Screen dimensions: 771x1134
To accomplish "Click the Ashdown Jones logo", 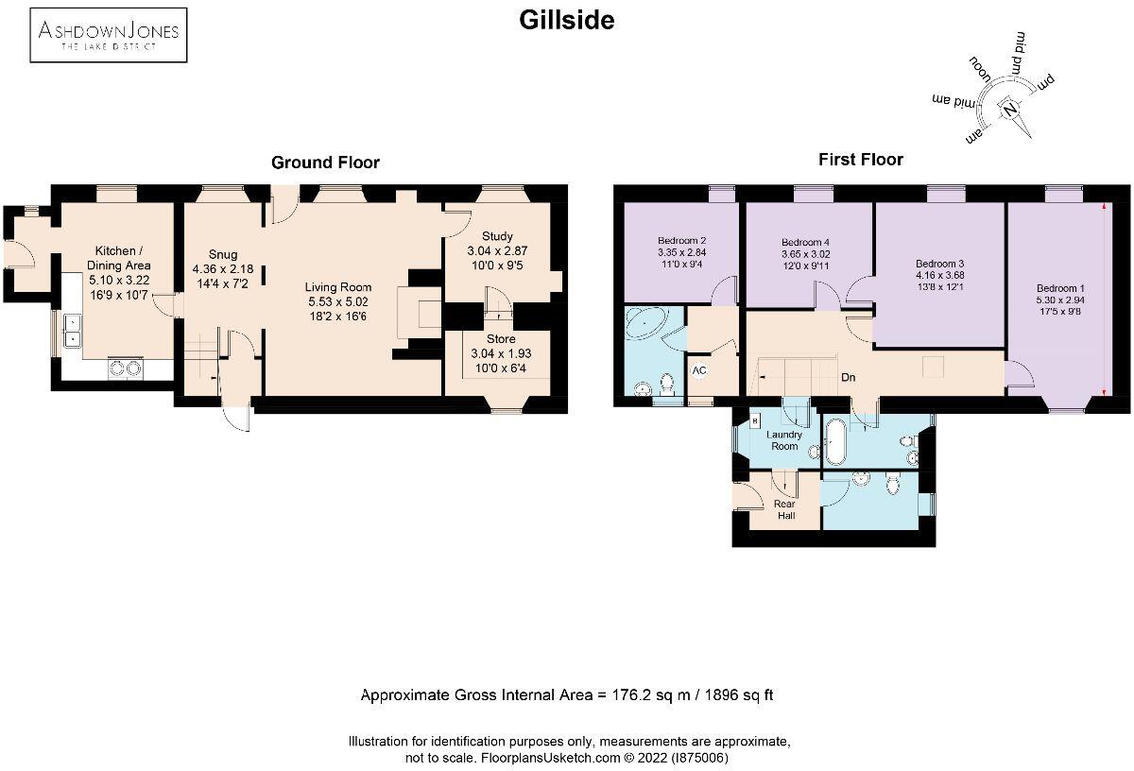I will point(108,34).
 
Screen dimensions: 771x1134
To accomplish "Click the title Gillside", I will point(567,20).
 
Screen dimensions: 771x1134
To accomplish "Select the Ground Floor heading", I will point(325,163).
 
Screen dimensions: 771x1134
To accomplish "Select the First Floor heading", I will point(860,160).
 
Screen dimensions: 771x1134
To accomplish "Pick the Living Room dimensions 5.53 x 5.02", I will point(337,301).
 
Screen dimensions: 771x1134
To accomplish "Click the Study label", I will point(496,236).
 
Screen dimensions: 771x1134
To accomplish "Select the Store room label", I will point(501,338).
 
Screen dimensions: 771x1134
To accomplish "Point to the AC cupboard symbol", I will point(699,370).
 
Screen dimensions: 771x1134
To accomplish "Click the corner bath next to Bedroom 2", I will point(646,326).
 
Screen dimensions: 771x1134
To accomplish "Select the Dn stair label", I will point(849,377).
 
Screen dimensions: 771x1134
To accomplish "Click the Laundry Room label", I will point(783,440).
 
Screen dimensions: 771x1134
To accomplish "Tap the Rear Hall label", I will point(784,510).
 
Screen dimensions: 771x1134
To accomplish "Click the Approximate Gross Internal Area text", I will point(567,695).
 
